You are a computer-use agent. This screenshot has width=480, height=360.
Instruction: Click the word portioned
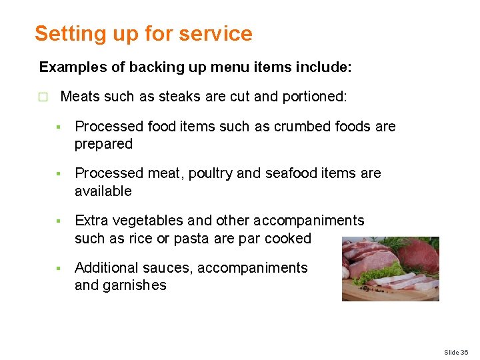click(313, 96)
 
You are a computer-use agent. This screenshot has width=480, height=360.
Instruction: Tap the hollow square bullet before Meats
click(43, 97)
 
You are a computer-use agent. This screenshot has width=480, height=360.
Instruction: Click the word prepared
click(103, 144)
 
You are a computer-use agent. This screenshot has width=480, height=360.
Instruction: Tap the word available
click(103, 191)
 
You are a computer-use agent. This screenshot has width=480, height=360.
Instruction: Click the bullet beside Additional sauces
click(59, 268)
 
